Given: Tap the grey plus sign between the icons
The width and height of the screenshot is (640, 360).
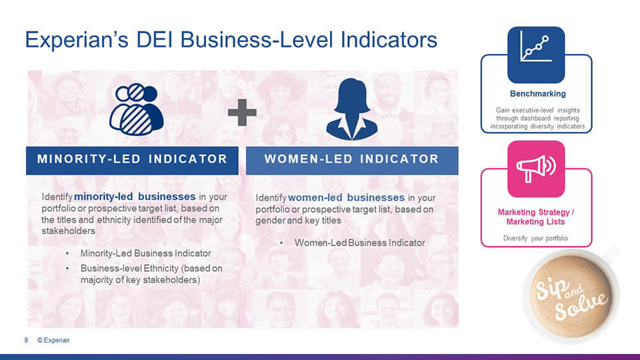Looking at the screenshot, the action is pyautogui.click(x=242, y=112).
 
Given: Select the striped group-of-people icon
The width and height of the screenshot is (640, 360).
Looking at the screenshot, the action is pyautogui.click(x=136, y=109).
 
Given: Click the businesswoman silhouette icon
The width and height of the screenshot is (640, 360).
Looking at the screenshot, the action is pyautogui.click(x=351, y=109).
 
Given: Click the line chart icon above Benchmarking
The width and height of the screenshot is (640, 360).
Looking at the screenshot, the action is pyautogui.click(x=536, y=55).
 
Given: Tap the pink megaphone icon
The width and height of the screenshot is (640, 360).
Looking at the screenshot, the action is pyautogui.click(x=536, y=169).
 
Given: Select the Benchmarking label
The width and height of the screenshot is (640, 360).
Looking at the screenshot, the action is pyautogui.click(x=537, y=94).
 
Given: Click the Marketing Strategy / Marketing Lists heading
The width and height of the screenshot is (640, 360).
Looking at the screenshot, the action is pyautogui.click(x=535, y=217).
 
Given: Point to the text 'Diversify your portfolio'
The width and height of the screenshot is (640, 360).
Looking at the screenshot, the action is pyautogui.click(x=535, y=239).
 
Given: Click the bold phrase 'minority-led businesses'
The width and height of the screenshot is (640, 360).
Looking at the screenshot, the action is pyautogui.click(x=135, y=197).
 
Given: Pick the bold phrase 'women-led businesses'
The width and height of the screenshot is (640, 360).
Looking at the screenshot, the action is pyautogui.click(x=346, y=197).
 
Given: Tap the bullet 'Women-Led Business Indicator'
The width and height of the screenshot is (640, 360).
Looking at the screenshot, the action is pyautogui.click(x=359, y=243).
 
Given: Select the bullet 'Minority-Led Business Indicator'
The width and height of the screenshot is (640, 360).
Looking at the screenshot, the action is pyautogui.click(x=146, y=253).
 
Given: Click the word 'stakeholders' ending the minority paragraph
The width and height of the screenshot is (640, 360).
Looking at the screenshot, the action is pyautogui.click(x=68, y=231).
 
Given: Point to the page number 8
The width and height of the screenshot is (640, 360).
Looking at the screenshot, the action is pyautogui.click(x=26, y=340).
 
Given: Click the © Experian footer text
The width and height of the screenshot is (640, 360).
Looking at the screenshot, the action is pyautogui.click(x=53, y=340).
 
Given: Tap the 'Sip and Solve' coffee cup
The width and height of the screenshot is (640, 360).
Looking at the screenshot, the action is pyautogui.click(x=571, y=296).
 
